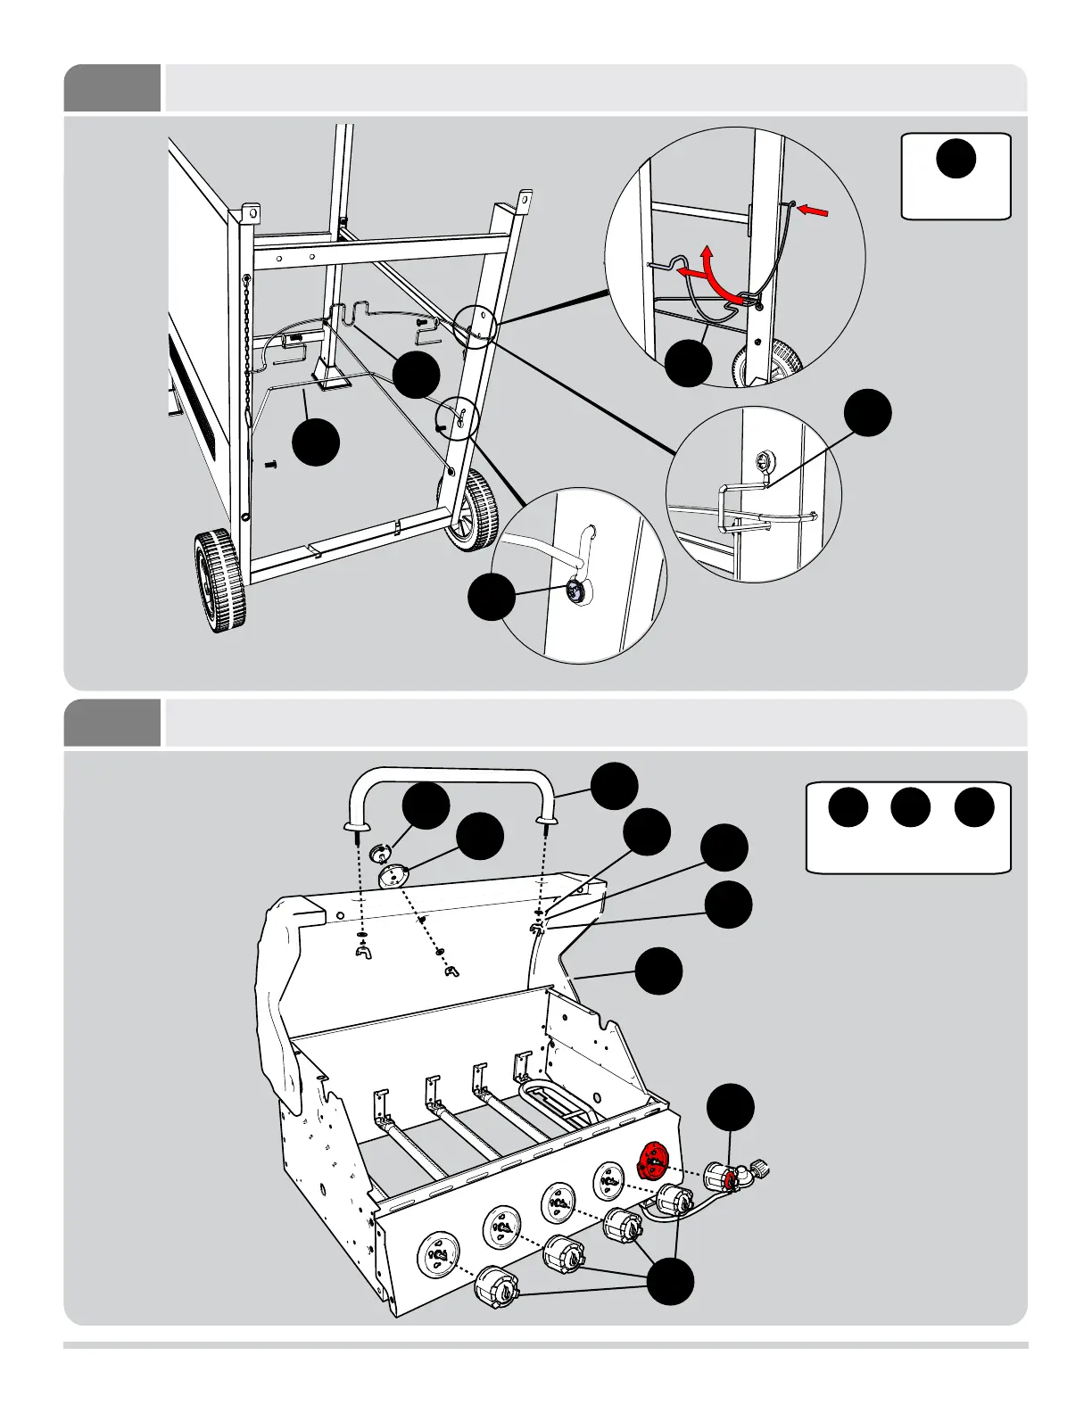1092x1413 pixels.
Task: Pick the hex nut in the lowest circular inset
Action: pyautogui.click(x=576, y=591)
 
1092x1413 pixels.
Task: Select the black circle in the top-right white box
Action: pyautogui.click(x=955, y=157)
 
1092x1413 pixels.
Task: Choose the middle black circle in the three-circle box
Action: pyautogui.click(x=911, y=807)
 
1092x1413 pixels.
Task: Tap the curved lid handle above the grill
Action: pyautogui.click(x=451, y=785)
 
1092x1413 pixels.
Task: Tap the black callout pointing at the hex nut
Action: pyautogui.click(x=492, y=598)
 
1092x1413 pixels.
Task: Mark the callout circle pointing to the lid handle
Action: pyautogui.click(x=615, y=786)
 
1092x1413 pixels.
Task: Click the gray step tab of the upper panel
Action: pyautogui.click(x=112, y=87)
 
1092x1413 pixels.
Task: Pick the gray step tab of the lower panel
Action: pyautogui.click(x=112, y=723)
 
